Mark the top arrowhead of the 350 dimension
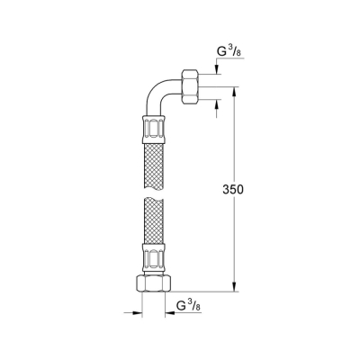(237, 91)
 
